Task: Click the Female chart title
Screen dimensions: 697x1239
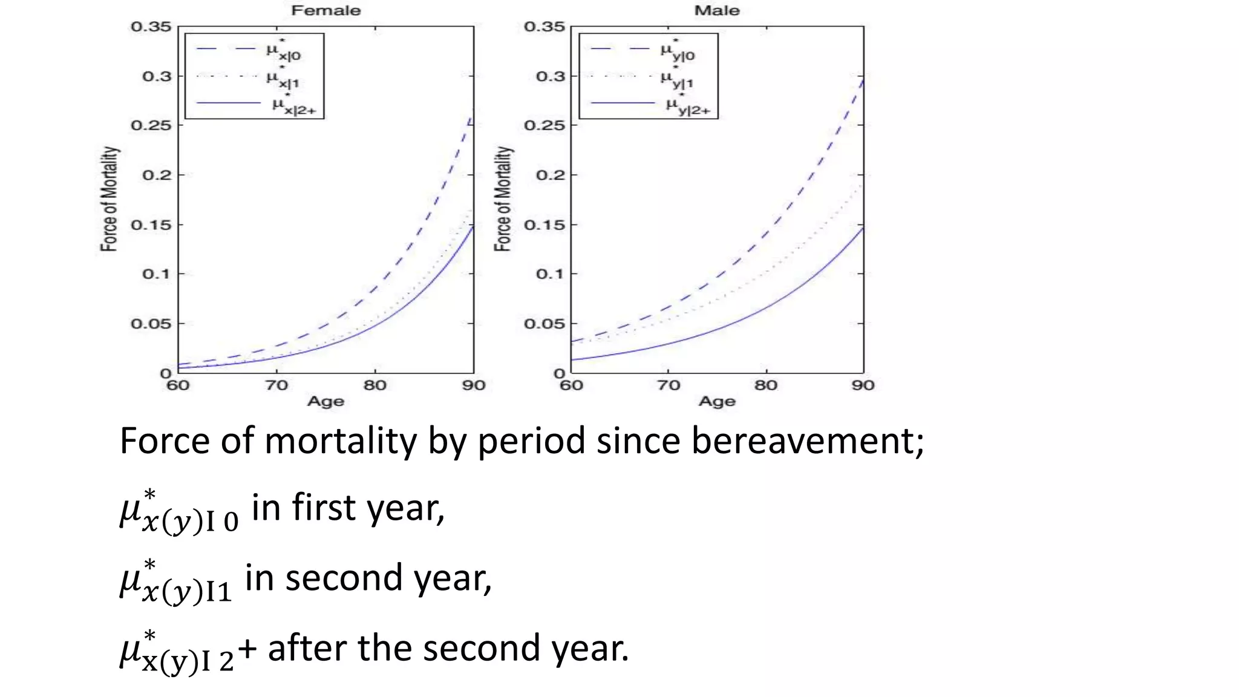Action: (x=325, y=10)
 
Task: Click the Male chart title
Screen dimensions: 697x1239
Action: (x=716, y=10)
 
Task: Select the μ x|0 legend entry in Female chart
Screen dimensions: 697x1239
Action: (x=283, y=51)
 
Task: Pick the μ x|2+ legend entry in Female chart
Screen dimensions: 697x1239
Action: (x=293, y=105)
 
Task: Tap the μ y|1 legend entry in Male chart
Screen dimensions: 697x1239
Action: (x=676, y=79)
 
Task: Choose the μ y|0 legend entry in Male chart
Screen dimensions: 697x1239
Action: (x=677, y=51)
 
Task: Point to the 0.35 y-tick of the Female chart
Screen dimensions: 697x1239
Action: (x=151, y=27)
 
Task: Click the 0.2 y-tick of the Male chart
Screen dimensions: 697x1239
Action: (x=549, y=175)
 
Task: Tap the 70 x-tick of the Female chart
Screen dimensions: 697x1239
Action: (x=276, y=385)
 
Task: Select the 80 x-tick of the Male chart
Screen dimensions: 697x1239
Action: (x=765, y=385)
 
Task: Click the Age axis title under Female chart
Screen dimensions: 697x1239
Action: (x=325, y=401)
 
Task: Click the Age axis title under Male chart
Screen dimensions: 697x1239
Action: (x=716, y=401)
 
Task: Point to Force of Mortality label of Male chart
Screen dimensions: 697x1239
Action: (x=503, y=198)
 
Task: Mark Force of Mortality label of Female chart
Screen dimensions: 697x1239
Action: (x=109, y=198)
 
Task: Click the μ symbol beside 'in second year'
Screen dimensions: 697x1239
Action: (x=131, y=580)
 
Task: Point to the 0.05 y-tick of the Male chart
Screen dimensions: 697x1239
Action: (x=544, y=324)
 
